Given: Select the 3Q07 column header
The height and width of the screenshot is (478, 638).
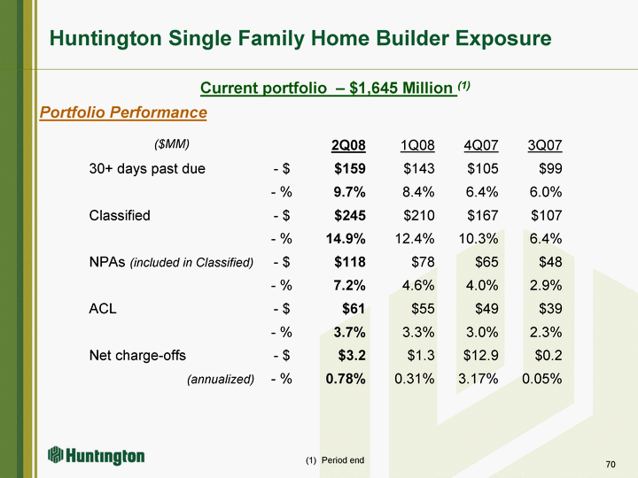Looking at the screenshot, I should (544, 145).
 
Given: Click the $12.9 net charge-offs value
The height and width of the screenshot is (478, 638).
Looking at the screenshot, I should (478, 356).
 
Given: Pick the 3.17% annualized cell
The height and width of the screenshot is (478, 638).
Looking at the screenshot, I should (476, 379).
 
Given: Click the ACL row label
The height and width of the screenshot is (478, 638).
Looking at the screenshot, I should (103, 309).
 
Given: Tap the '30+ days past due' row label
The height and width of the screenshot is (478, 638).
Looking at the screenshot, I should (147, 169).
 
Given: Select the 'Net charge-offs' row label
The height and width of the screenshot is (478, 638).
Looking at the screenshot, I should (137, 356).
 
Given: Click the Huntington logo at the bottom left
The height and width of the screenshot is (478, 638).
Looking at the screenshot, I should (97, 456).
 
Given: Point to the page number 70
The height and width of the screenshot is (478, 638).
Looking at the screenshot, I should (611, 465).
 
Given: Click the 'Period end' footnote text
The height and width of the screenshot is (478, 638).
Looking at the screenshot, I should (341, 460).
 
